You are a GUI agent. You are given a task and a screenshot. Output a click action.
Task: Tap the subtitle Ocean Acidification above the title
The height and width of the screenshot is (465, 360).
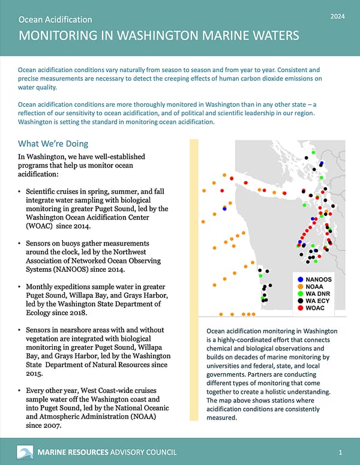(55, 20)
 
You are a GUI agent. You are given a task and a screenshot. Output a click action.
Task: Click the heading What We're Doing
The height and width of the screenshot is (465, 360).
(53, 144)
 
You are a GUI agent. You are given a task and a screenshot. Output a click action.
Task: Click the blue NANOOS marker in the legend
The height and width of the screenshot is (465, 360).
(301, 280)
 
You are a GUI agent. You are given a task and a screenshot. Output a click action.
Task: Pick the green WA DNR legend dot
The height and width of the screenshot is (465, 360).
(301, 293)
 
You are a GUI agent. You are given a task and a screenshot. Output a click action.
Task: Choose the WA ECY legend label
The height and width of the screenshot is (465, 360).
(319, 301)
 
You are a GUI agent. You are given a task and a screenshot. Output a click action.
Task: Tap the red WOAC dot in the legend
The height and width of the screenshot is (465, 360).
(301, 308)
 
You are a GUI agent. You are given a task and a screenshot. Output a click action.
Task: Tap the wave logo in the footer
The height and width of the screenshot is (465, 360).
(25, 452)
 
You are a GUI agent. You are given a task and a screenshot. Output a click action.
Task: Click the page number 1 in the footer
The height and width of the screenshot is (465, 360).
(340, 452)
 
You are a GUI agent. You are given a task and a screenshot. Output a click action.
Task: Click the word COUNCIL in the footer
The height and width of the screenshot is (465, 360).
(172, 452)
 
